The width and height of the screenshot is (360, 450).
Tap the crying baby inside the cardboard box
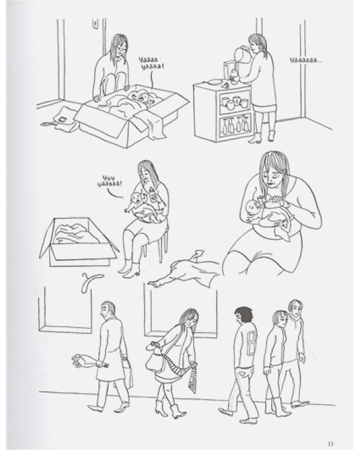point(143,98)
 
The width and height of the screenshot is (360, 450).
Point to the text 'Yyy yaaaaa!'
point(109,181)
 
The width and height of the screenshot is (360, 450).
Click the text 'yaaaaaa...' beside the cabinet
point(306,60)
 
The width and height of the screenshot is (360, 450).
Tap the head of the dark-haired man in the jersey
point(244,316)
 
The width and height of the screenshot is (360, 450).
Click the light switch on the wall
point(95,23)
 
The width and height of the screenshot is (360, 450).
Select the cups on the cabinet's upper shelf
point(234,103)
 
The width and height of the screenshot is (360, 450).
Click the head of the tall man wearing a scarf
point(295,308)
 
